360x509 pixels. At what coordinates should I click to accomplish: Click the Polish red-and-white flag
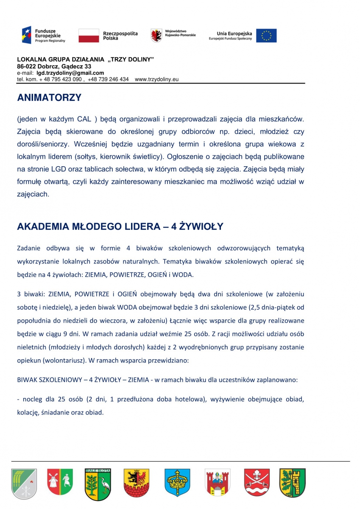pos(88,36)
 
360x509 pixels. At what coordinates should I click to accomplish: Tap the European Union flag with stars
pos(266,36)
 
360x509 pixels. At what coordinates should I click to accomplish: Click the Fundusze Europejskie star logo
pos(27,35)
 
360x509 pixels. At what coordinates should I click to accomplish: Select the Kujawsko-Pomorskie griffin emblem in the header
pos(156,36)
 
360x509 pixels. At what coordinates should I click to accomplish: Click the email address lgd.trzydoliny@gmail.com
pos(70,73)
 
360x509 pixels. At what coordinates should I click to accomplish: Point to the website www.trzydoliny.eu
pos(156,79)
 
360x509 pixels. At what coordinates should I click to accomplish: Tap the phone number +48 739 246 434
pos(108,79)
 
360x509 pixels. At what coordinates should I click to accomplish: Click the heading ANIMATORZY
pos(49,98)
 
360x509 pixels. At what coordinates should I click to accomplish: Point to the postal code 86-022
pos(27,67)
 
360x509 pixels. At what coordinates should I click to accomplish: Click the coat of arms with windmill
pos(60,482)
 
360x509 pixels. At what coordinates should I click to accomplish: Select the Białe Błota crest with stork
pos(98,483)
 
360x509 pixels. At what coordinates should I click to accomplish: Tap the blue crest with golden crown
pos(177,483)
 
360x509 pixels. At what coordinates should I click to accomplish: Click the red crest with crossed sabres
pos(257,483)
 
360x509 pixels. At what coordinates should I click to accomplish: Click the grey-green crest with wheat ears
pos(24,483)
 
